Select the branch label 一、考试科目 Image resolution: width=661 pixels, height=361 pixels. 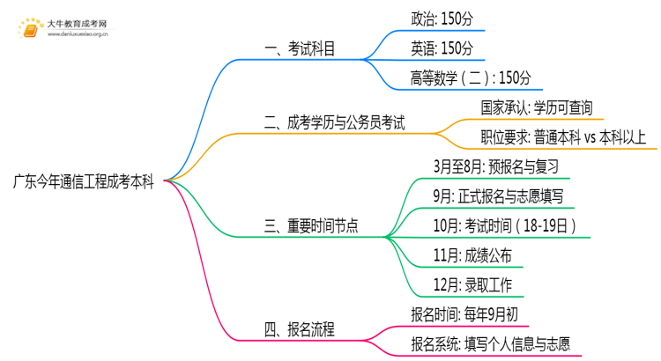tap(300, 50)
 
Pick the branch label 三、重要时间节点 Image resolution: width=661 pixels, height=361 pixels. tap(311, 226)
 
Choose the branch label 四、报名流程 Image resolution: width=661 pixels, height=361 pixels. tap(300, 330)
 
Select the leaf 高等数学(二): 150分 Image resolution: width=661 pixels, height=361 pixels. tap(471, 77)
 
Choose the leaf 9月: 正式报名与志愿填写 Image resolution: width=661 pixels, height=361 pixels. tap(499, 196)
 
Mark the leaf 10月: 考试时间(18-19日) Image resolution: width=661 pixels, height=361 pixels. tap(505, 226)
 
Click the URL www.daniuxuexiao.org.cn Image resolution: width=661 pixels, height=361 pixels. tap(78, 37)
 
